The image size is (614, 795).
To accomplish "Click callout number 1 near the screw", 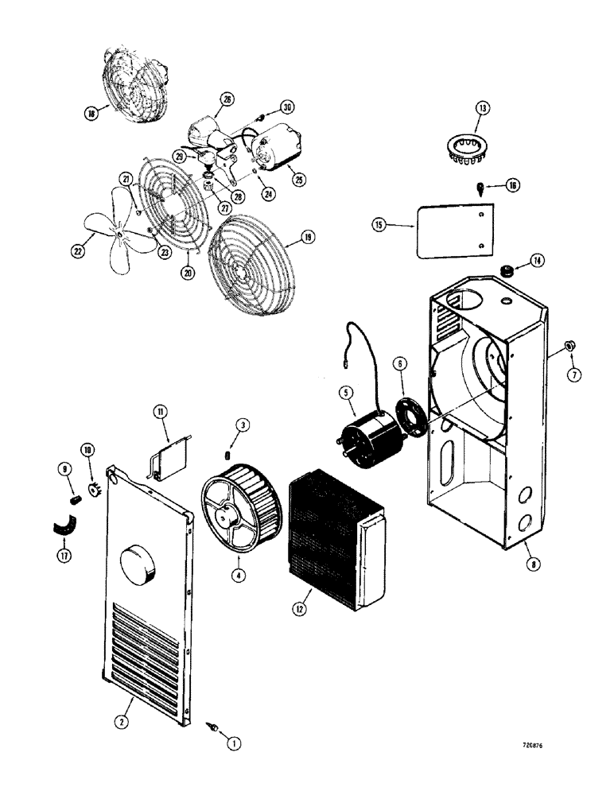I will click(232, 744).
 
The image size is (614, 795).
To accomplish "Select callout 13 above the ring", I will click(482, 109).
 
